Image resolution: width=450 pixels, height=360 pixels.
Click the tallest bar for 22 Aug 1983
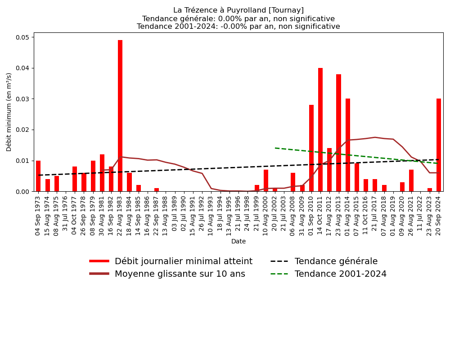click(120, 116)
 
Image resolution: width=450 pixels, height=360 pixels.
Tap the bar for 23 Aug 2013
click(338, 133)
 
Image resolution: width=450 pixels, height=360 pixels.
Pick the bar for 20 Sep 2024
click(439, 145)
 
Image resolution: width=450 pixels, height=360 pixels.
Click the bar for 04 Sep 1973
click(38, 176)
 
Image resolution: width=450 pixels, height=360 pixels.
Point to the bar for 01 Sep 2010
click(311, 148)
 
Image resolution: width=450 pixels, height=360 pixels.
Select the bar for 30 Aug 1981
click(102, 173)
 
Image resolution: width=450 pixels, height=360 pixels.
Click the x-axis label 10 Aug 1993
click(211, 216)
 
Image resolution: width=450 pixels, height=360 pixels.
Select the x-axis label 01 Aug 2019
click(393, 216)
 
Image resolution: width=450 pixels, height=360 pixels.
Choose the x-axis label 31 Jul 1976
click(66, 216)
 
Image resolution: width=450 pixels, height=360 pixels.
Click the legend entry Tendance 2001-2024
click(340, 274)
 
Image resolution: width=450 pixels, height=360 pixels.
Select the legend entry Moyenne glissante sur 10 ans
click(180, 274)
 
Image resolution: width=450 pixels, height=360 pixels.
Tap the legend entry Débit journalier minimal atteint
click(183, 261)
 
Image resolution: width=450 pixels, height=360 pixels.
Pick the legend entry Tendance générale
click(336, 261)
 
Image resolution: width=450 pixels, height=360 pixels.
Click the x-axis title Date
click(238, 242)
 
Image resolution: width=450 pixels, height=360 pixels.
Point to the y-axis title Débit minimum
click(9, 112)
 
